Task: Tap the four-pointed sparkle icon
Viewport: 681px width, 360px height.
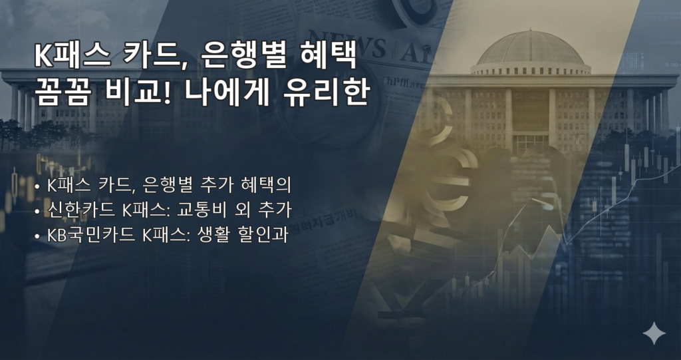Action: click(x=654, y=333)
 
